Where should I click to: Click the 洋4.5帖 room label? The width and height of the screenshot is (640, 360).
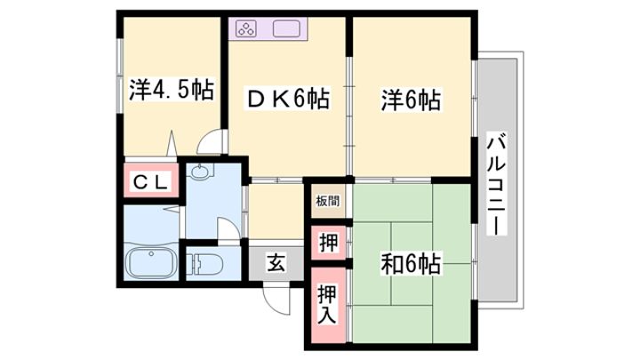(172, 90)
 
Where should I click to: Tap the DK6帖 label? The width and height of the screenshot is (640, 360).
(288, 99)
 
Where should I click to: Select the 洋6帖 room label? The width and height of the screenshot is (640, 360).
(411, 100)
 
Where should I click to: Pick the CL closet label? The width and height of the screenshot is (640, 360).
(151, 182)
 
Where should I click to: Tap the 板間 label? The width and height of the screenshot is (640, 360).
(328, 201)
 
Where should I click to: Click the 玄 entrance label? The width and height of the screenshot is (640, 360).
(276, 262)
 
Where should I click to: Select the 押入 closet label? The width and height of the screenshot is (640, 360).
(327, 305)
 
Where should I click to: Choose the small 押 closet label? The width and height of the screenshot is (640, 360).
(328, 243)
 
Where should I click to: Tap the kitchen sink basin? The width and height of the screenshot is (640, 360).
(286, 29)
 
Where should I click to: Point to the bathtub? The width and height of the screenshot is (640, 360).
(151, 263)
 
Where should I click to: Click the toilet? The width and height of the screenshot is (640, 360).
(205, 264)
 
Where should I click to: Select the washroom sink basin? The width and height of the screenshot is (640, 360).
(200, 172)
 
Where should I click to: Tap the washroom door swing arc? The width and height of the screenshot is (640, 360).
(229, 229)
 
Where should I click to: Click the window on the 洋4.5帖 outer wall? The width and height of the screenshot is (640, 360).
(120, 76)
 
